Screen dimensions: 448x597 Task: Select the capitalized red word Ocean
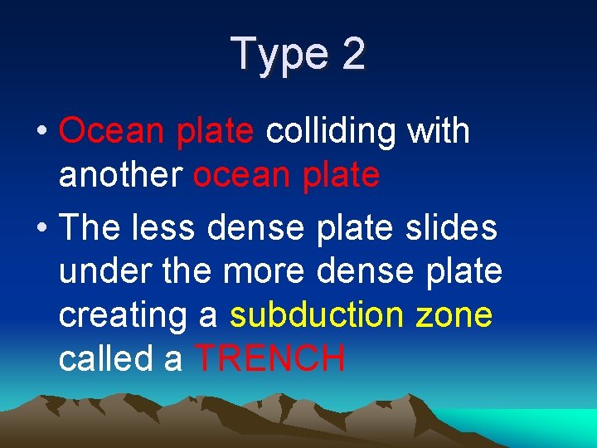114,131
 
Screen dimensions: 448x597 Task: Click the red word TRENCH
270,359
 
